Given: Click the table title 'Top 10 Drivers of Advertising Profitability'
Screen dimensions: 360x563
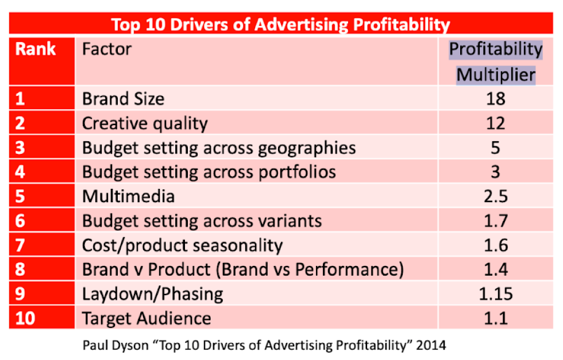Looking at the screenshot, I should (x=280, y=25).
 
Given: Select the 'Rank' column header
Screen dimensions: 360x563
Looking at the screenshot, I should (x=36, y=49).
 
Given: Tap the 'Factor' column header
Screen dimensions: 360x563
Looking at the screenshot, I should (x=106, y=49).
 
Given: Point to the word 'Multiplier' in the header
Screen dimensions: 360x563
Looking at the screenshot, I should (x=496, y=75).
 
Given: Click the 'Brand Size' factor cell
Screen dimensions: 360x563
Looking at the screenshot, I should (x=123, y=99).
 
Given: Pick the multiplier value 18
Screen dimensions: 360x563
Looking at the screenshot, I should (x=495, y=99).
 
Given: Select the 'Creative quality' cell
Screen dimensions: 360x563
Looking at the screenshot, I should (x=145, y=123).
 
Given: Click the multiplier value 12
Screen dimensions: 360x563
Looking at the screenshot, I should (x=495, y=123).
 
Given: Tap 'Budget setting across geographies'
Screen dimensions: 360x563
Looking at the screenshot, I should (x=219, y=148).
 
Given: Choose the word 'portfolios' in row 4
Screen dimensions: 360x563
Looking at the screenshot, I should (x=296, y=172).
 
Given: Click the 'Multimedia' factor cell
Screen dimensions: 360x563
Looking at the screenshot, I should (x=128, y=196).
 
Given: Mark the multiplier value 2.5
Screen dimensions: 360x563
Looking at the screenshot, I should (x=495, y=196).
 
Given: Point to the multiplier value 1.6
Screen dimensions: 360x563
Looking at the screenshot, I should (x=495, y=246).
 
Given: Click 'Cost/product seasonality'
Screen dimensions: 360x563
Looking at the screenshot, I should (x=182, y=246).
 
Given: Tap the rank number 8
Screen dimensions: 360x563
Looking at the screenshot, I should (x=20, y=270).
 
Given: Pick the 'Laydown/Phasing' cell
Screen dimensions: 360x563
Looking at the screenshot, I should (x=152, y=294).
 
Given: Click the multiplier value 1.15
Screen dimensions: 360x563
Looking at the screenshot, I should (x=495, y=294).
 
